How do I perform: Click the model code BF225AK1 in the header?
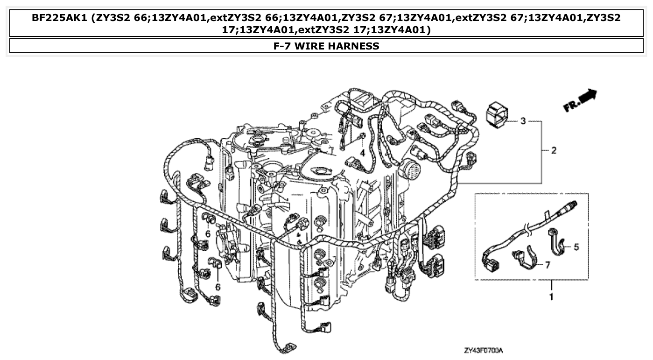click(60, 18)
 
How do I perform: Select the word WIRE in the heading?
click(312, 46)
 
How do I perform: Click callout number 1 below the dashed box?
click(551, 296)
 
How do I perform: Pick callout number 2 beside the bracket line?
click(554, 150)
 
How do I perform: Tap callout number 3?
click(523, 121)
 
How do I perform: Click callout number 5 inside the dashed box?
click(576, 247)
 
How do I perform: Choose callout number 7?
click(547, 264)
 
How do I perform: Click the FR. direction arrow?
click(580, 100)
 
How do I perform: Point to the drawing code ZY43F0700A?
click(486, 350)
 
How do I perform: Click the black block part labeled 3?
click(497, 115)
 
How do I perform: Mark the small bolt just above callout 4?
click(362, 136)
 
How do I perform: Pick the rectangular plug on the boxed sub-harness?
click(491, 264)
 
